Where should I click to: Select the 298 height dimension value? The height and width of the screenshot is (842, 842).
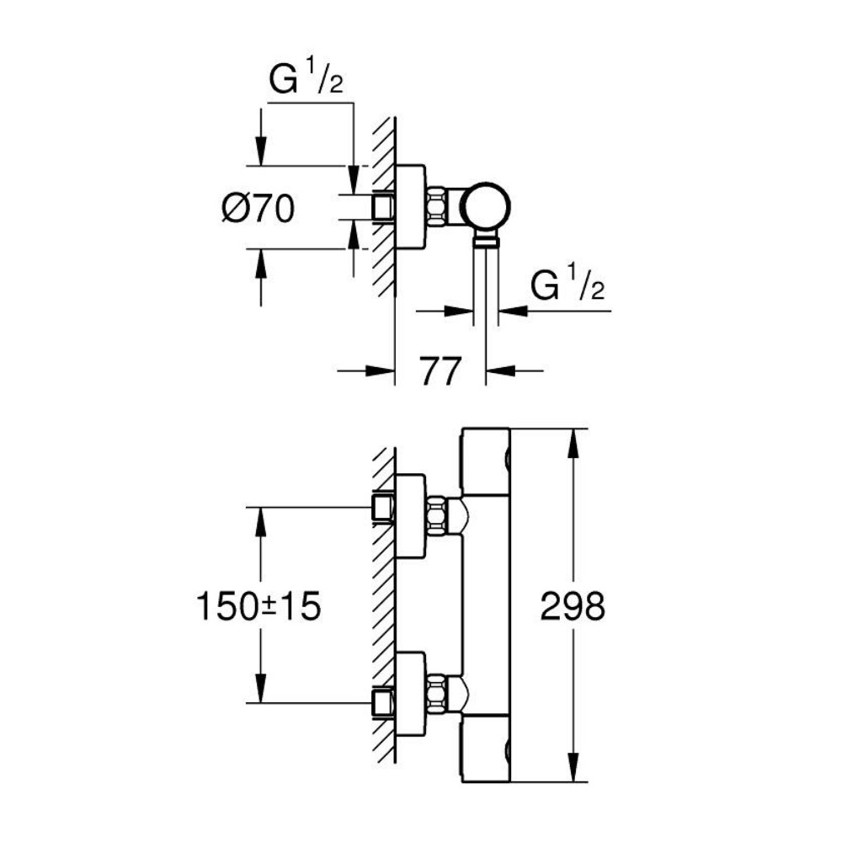[573, 606]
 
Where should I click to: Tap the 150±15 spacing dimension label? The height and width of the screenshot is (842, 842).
[258, 606]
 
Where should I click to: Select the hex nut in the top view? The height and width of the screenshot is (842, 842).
[436, 207]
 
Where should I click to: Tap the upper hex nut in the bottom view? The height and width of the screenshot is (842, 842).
[436, 515]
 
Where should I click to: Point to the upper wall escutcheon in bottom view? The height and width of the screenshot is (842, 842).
[409, 515]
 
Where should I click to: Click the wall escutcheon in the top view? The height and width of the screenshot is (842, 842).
[409, 207]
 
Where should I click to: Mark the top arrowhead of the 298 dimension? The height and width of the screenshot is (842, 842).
[573, 442]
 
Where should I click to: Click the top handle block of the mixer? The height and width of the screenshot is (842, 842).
[486, 461]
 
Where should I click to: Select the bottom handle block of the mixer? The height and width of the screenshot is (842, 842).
[486, 748]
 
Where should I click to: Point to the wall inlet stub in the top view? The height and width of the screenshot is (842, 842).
[384, 207]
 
